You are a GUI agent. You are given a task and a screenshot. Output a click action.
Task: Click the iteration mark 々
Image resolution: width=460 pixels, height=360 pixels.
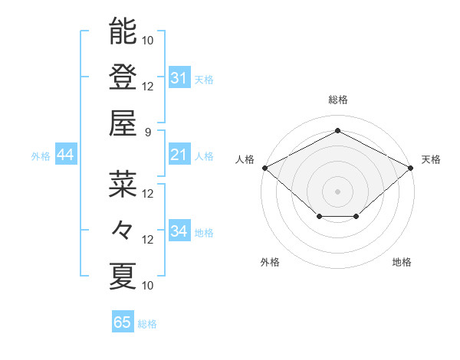click(123, 230)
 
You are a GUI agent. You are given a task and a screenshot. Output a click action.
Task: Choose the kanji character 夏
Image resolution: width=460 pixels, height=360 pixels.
click(123, 276)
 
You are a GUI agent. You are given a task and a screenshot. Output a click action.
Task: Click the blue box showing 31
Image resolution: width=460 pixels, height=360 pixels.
click(179, 78)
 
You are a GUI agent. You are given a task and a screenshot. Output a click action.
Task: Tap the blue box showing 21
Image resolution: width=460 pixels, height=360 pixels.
click(179, 155)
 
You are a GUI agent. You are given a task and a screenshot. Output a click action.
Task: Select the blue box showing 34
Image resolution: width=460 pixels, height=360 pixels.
click(179, 231)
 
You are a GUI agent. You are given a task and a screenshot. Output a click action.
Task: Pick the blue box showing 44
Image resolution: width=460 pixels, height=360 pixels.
click(65, 155)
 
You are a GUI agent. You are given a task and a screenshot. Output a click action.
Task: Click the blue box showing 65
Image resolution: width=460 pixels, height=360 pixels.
click(123, 322)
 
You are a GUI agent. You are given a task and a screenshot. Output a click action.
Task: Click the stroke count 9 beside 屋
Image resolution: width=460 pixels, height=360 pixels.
click(148, 132)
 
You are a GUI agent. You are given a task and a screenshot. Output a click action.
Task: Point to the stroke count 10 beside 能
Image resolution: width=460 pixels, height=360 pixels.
click(148, 40)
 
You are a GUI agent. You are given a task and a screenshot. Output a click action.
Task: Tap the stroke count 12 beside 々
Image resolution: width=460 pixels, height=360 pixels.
click(148, 239)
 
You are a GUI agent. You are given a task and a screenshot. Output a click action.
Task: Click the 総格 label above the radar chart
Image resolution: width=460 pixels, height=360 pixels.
click(338, 100)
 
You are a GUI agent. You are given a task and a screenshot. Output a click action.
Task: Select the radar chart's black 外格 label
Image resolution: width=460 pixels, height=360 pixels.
click(270, 262)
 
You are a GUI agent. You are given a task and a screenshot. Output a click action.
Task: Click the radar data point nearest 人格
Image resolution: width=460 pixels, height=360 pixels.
click(264, 167)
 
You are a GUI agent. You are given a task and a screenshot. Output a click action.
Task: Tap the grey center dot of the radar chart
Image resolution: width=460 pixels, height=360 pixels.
click(338, 191)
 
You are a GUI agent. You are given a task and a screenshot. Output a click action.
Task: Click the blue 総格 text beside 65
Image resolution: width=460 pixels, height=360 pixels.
click(147, 324)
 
